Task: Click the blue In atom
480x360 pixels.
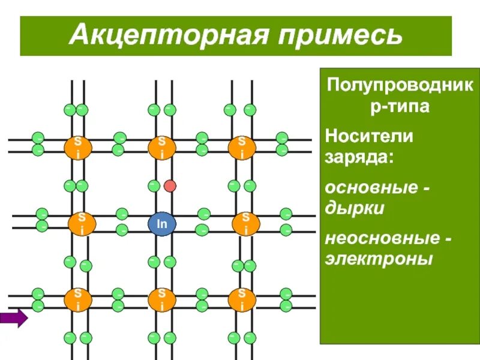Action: [x=162, y=223]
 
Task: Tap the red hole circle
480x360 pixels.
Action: [x=170, y=185]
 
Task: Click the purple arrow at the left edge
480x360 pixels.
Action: [x=14, y=317]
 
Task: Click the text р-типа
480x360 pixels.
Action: [x=399, y=107]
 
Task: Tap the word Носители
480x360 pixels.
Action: [x=369, y=136]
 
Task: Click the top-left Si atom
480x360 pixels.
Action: [x=77, y=147]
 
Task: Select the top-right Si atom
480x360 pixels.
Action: [x=241, y=147]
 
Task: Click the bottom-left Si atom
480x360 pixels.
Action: [x=79, y=299]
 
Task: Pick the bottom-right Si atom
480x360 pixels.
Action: [x=241, y=299]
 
